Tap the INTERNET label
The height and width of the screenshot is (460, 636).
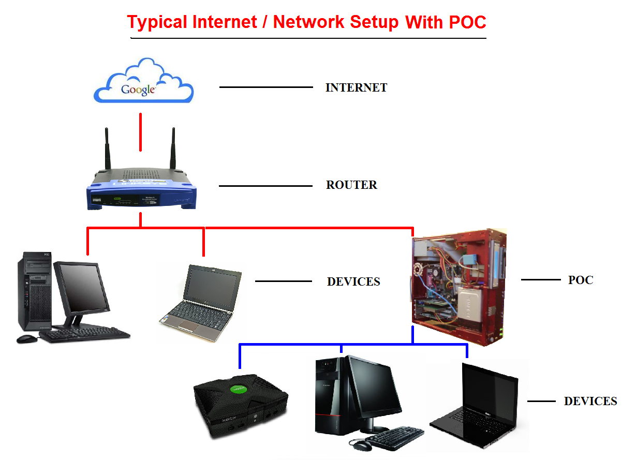pyautogui.click(x=356, y=87)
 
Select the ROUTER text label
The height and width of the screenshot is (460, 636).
pyautogui.click(x=351, y=185)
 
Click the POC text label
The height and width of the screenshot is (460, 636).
pyautogui.click(x=581, y=280)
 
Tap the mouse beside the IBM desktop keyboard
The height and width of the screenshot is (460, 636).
pyautogui.click(x=26, y=338)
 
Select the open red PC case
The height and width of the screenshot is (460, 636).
pyautogui.click(x=457, y=287)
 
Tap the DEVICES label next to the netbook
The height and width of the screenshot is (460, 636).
pyautogui.click(x=353, y=281)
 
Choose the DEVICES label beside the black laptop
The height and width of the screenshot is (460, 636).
pyautogui.click(x=590, y=401)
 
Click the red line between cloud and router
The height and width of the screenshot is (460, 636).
pyautogui.click(x=140, y=132)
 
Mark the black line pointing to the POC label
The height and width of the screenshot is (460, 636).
pyautogui.click(x=540, y=280)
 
